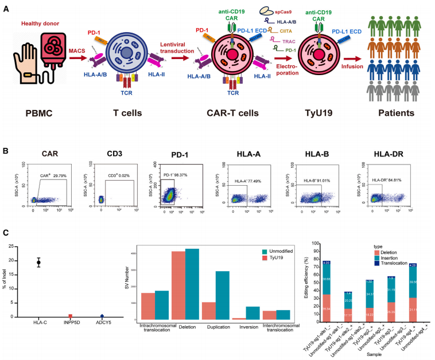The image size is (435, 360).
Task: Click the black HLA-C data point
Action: [38, 263]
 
